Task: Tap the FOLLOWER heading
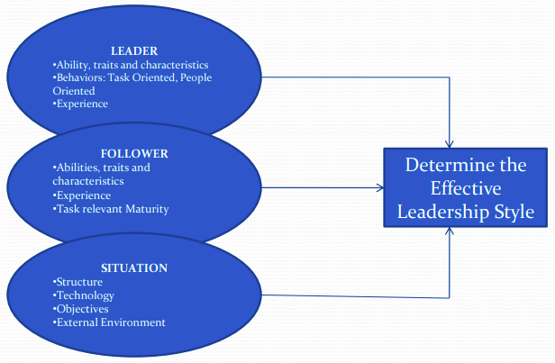click(x=134, y=153)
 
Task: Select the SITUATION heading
click(x=135, y=268)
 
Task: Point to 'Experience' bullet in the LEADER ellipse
click(x=80, y=104)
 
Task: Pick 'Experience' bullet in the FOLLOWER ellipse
click(x=84, y=195)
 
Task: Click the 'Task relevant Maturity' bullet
click(x=111, y=209)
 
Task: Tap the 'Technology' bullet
click(x=84, y=295)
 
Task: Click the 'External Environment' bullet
click(x=109, y=322)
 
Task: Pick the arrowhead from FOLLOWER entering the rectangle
click(x=380, y=188)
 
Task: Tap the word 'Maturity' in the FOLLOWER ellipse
click(x=146, y=209)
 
